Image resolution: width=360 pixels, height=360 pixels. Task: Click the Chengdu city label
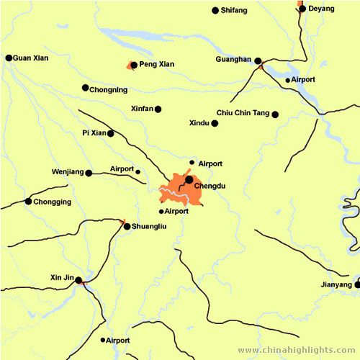pos(210,186)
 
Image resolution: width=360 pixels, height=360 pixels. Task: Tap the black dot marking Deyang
pos(302,9)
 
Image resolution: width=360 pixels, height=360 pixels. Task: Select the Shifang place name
pos(234,10)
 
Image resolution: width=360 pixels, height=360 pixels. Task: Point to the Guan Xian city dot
pos(9,58)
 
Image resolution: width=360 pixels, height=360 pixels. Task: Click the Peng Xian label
pos(156,64)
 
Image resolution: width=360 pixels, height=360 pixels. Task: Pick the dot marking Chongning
pos(85,88)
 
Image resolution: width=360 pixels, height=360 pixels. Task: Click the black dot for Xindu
pos(215,123)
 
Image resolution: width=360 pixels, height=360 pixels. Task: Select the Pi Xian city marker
pos(110,133)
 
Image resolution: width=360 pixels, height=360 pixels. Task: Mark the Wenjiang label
pos(68,172)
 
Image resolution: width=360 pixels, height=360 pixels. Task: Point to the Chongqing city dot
pos(28,202)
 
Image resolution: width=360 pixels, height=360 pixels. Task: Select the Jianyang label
pos(337,285)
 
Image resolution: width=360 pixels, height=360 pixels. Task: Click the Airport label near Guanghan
pos(304,79)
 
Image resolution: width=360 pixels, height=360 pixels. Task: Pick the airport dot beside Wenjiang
pos(138,171)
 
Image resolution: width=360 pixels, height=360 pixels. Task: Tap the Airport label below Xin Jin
pos(118,340)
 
